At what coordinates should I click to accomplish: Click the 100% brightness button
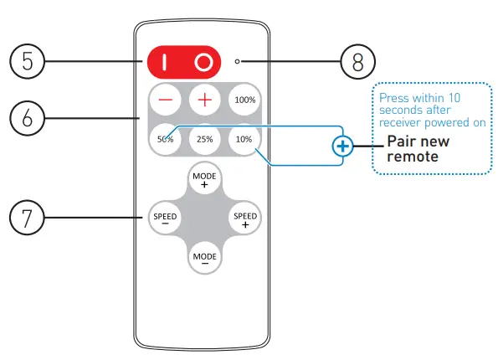(x=244, y=100)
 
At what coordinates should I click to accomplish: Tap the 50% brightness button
(x=164, y=138)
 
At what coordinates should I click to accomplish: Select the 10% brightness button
(x=244, y=138)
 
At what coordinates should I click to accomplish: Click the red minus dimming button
(x=165, y=100)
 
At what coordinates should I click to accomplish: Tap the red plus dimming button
(x=204, y=100)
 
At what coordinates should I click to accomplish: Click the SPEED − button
(x=164, y=219)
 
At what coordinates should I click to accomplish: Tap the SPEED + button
(x=244, y=219)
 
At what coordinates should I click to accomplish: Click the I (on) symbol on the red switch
(x=166, y=62)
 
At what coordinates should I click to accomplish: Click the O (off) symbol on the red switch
(x=203, y=62)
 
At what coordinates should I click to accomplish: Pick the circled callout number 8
(x=358, y=61)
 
